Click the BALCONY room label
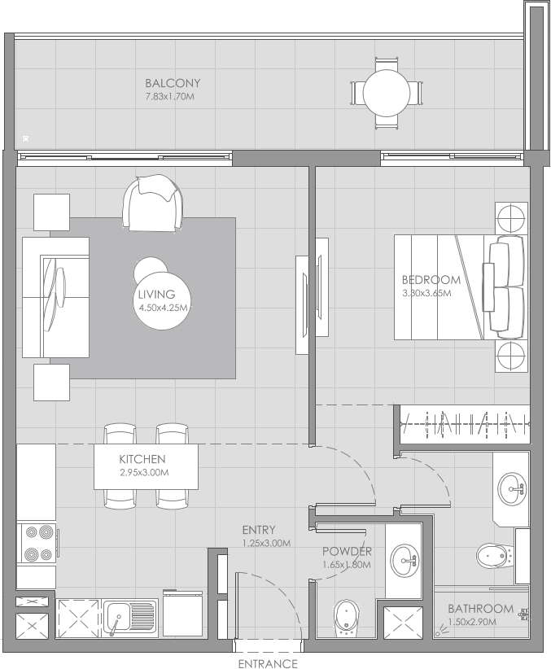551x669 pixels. [173, 83]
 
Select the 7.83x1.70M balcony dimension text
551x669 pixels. [168, 97]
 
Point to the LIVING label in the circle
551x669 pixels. [156, 295]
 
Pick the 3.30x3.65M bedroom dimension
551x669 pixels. [431, 293]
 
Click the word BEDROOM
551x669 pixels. [431, 280]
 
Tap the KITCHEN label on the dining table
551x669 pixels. [142, 459]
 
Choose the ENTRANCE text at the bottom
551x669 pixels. [269, 662]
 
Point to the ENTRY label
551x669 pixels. [259, 530]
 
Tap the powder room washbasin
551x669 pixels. [404, 559]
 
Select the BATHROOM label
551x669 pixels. [480, 609]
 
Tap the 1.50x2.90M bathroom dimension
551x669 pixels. [481, 623]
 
